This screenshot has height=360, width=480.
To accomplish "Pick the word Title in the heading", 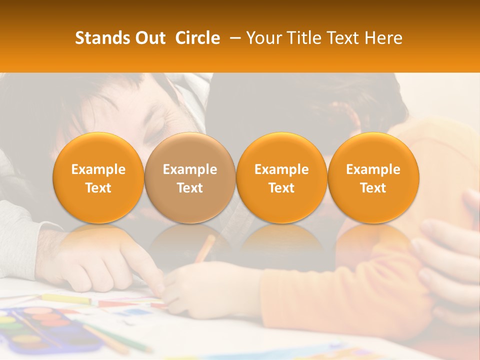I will click(302, 38).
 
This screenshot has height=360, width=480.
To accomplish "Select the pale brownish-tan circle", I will click(189, 177).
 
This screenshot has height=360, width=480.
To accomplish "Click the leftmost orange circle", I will click(98, 177).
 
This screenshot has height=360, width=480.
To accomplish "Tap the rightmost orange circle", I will click(373, 177).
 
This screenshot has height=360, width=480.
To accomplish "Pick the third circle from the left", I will click(281, 177).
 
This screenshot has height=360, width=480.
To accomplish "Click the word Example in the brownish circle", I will click(190, 169).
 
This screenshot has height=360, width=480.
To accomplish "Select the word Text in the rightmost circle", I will click(373, 188).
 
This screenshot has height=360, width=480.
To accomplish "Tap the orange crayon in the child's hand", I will click(205, 248).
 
